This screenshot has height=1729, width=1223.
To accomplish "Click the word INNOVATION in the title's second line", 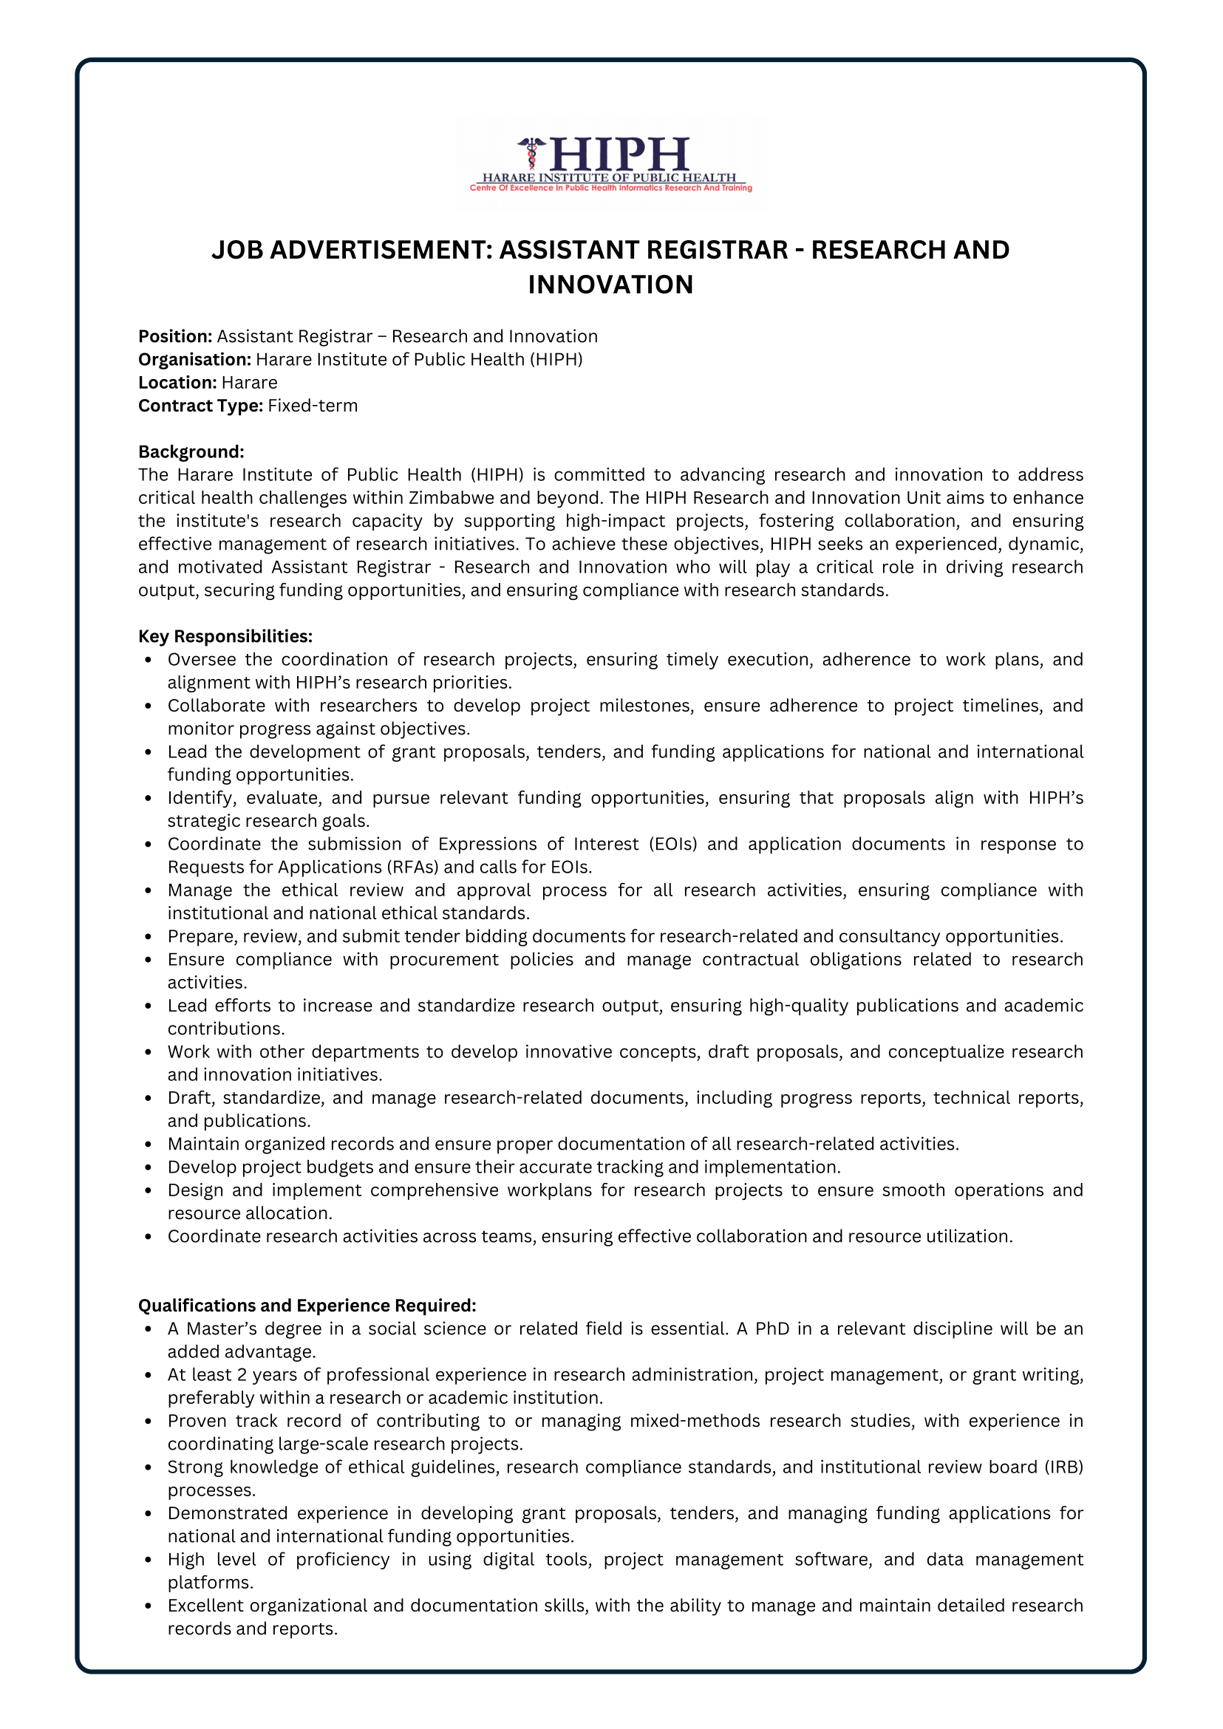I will [x=610, y=284].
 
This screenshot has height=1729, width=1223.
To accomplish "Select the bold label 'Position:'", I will [x=174, y=337].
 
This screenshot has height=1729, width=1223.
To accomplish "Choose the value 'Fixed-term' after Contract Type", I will [x=313, y=406].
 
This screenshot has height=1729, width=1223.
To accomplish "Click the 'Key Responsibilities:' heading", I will [x=225, y=636].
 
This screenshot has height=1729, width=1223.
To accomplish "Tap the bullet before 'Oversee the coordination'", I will [x=149, y=661].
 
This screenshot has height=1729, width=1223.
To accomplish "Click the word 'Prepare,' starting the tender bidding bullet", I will [x=198, y=937].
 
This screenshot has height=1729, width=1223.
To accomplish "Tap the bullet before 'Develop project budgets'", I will [x=149, y=1168].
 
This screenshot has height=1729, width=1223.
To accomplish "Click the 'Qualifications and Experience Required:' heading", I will [x=307, y=1306].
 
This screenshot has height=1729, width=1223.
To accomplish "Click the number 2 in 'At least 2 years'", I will [x=242, y=1375].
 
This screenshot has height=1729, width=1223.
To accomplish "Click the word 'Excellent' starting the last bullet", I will [x=205, y=1606].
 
